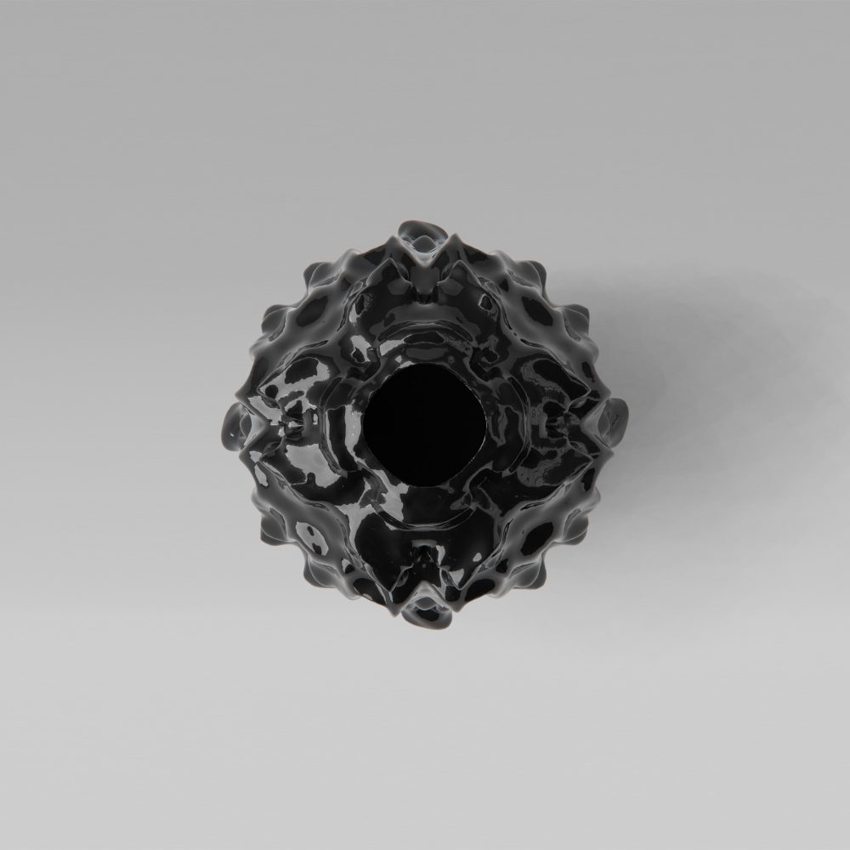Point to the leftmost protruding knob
(x=235, y=422)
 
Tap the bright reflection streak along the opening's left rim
(x=357, y=425)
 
